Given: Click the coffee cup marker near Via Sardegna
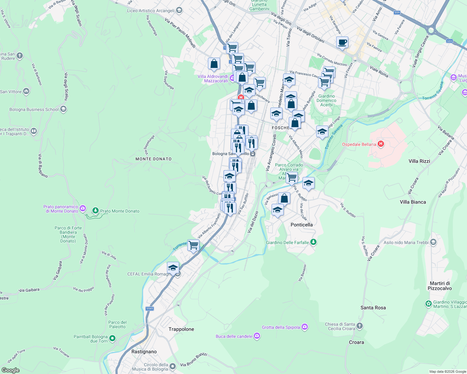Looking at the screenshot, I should [x=342, y=42].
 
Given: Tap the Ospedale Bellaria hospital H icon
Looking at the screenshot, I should [x=381, y=144].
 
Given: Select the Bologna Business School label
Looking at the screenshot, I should [x=34, y=109].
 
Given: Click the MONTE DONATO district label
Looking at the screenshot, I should [x=154, y=159].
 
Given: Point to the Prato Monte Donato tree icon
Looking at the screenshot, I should [x=96, y=211].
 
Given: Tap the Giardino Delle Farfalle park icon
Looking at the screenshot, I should [x=313, y=242].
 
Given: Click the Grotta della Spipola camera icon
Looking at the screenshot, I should [x=305, y=327].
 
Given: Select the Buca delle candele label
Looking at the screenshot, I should [x=234, y=336].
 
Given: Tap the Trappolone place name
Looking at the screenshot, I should [x=181, y=329].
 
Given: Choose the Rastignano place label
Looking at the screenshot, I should [x=144, y=352].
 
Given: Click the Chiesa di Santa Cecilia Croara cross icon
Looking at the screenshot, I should [x=360, y=326].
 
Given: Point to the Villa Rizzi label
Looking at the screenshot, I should [x=419, y=161].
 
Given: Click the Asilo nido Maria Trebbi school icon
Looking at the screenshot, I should [x=433, y=242].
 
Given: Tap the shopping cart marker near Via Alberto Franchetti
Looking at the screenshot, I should [x=193, y=245].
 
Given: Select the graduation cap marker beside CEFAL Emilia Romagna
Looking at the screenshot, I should [x=173, y=268].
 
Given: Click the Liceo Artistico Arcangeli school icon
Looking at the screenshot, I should [x=179, y=11].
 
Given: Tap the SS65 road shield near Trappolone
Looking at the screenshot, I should [x=150, y=309].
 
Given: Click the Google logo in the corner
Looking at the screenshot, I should [x=10, y=370].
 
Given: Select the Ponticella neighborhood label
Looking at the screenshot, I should [x=301, y=225].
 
